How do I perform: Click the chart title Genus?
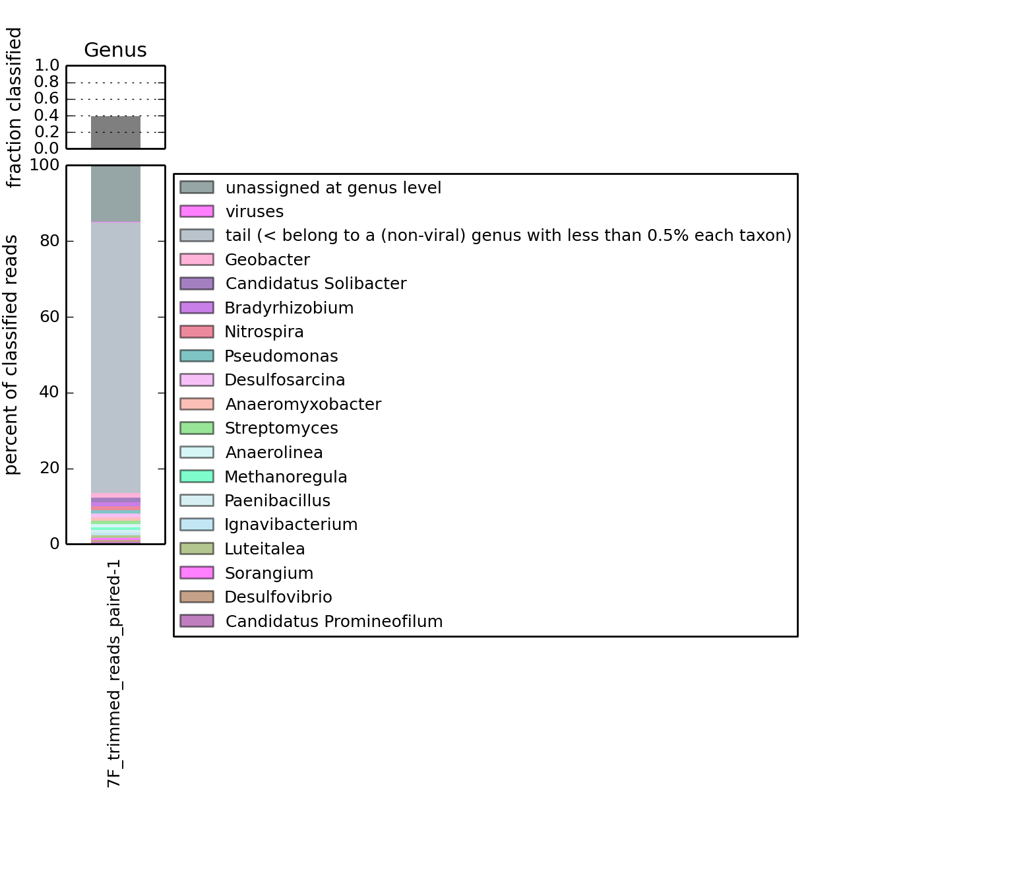coord(115,50)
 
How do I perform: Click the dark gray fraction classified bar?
coord(115,132)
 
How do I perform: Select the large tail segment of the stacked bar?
coord(115,356)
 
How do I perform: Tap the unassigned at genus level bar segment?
coord(115,193)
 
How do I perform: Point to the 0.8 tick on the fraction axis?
coord(47,82)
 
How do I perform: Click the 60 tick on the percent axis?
coord(49,317)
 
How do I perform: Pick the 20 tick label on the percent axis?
coord(49,469)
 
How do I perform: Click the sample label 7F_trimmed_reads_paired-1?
coord(115,673)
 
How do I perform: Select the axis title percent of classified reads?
coord(13,354)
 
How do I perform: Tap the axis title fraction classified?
coord(15,108)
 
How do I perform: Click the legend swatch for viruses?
coord(197,211)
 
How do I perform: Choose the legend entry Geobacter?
coord(267,260)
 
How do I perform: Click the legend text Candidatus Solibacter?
coord(315,284)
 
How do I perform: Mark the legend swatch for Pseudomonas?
coord(197,356)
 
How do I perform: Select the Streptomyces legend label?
coord(281,428)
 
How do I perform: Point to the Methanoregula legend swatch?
coord(197,477)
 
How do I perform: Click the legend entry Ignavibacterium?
coord(290,525)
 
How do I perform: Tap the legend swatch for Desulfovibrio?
coord(197,597)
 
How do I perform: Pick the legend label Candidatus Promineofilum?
coord(334,622)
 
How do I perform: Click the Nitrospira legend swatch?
coord(197,332)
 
